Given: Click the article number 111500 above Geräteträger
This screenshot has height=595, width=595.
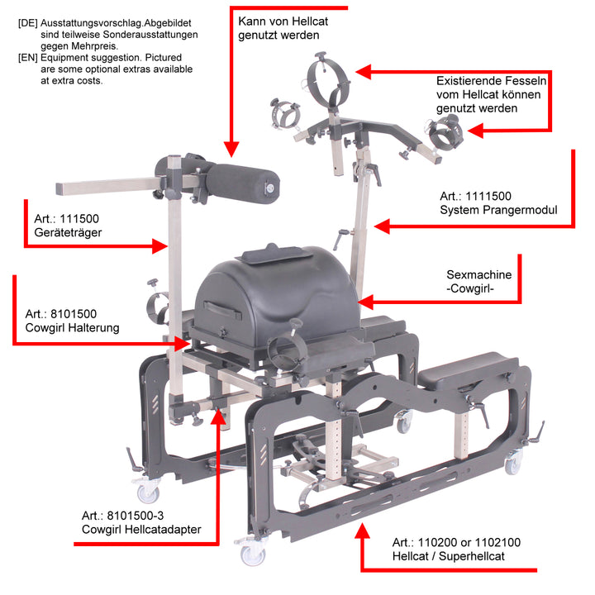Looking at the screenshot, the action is (79, 219).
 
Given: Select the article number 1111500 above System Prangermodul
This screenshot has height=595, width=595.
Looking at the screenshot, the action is (488, 196).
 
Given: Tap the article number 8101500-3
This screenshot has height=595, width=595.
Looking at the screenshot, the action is (135, 516).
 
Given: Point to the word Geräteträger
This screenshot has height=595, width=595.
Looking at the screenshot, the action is (68, 232).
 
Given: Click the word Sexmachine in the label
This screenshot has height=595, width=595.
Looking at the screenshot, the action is (478, 274).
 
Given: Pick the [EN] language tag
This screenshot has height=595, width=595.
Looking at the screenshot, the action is (28, 58).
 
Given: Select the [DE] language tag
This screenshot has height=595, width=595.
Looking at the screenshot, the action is (28, 23).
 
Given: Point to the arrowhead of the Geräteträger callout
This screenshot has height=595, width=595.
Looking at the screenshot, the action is (159, 246).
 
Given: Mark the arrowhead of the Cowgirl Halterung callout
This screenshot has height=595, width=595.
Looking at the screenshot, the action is (182, 344).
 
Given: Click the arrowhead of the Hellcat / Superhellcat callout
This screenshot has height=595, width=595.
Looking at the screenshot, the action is (362, 531).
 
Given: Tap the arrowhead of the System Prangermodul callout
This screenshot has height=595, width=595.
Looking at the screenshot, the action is (382, 226).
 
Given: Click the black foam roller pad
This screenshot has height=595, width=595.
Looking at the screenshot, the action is (243, 184).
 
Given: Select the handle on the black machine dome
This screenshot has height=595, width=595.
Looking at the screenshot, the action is (222, 309).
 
